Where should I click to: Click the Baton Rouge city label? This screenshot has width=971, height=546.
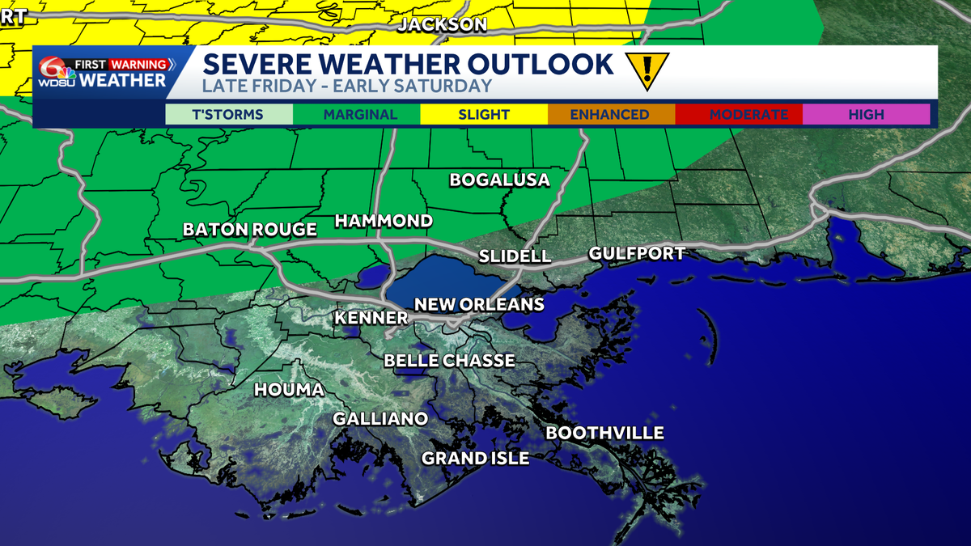(x=249, y=230)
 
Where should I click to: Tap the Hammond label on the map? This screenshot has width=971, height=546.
(x=384, y=221)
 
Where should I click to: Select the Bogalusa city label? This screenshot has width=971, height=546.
(x=499, y=180)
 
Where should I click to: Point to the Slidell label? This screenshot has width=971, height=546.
(x=515, y=256)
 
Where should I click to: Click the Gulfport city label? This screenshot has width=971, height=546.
(x=636, y=253)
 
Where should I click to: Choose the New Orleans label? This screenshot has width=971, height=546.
(x=479, y=304)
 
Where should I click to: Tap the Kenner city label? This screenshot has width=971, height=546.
(x=371, y=318)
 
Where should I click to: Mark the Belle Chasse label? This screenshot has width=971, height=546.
(x=449, y=360)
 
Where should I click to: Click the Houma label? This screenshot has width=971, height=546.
(x=289, y=390)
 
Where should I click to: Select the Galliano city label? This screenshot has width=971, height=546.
(x=380, y=418)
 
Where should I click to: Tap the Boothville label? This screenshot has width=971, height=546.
(x=604, y=433)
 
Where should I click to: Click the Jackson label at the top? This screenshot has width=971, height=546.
(x=443, y=25)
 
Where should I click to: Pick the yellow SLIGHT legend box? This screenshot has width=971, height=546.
(x=483, y=115)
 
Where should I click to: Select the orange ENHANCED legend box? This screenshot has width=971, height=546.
(x=609, y=115)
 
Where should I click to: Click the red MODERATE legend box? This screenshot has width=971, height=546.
(x=737, y=115)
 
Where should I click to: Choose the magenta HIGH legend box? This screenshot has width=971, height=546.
(x=865, y=115)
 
